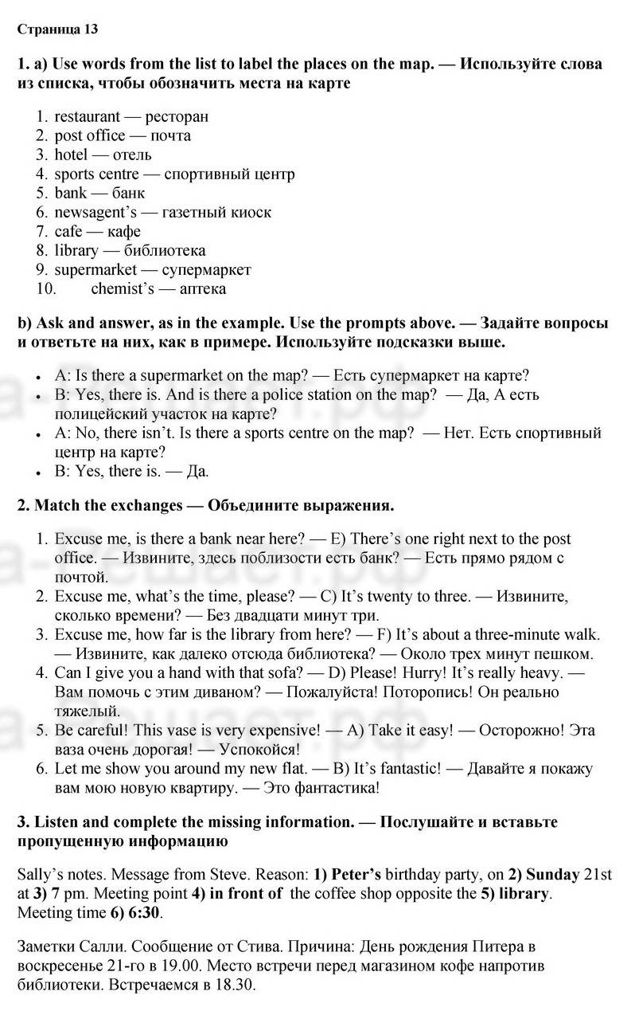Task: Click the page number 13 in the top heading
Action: (91, 30)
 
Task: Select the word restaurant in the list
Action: (87, 116)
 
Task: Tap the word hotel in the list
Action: (71, 155)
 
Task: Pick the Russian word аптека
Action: (203, 288)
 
